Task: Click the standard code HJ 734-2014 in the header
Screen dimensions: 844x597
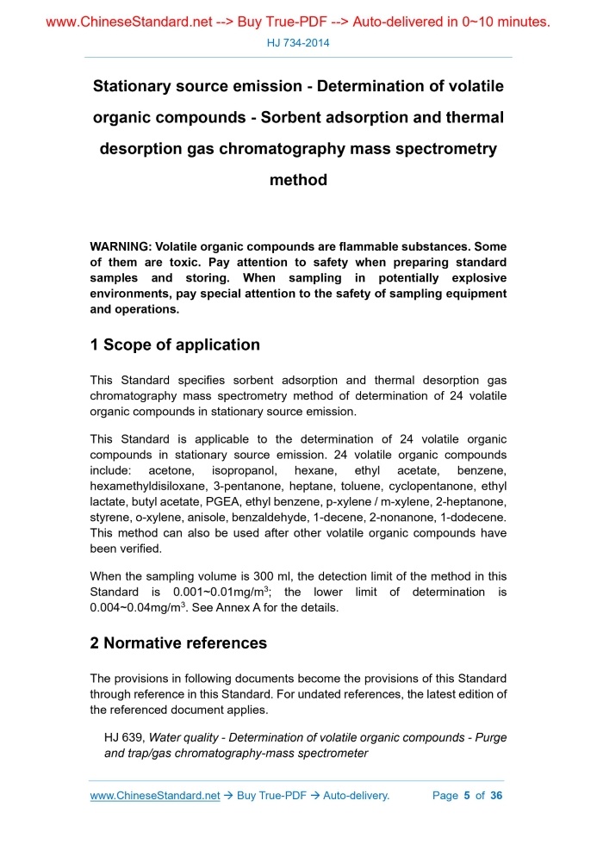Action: pos(298,42)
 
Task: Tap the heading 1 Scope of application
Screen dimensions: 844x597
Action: pos(175,344)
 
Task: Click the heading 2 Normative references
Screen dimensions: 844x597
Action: pos(178,642)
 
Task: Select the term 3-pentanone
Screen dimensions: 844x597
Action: pos(243,487)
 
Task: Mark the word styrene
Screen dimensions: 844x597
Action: pos(109,518)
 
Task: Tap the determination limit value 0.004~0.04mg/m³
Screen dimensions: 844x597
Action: pos(136,608)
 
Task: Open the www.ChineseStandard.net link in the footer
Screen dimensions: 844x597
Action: pos(155,795)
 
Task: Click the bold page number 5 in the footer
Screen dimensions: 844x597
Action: pos(467,795)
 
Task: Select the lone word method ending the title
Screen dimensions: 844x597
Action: pos(298,180)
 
